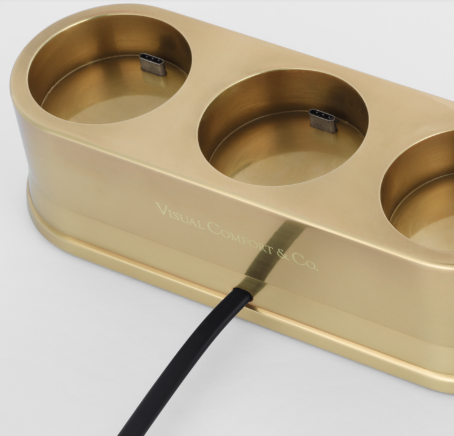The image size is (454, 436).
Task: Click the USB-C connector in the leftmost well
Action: coord(153,64)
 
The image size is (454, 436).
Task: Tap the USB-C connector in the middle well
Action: coord(323,121)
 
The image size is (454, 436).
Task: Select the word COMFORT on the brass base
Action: coord(241,237)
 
